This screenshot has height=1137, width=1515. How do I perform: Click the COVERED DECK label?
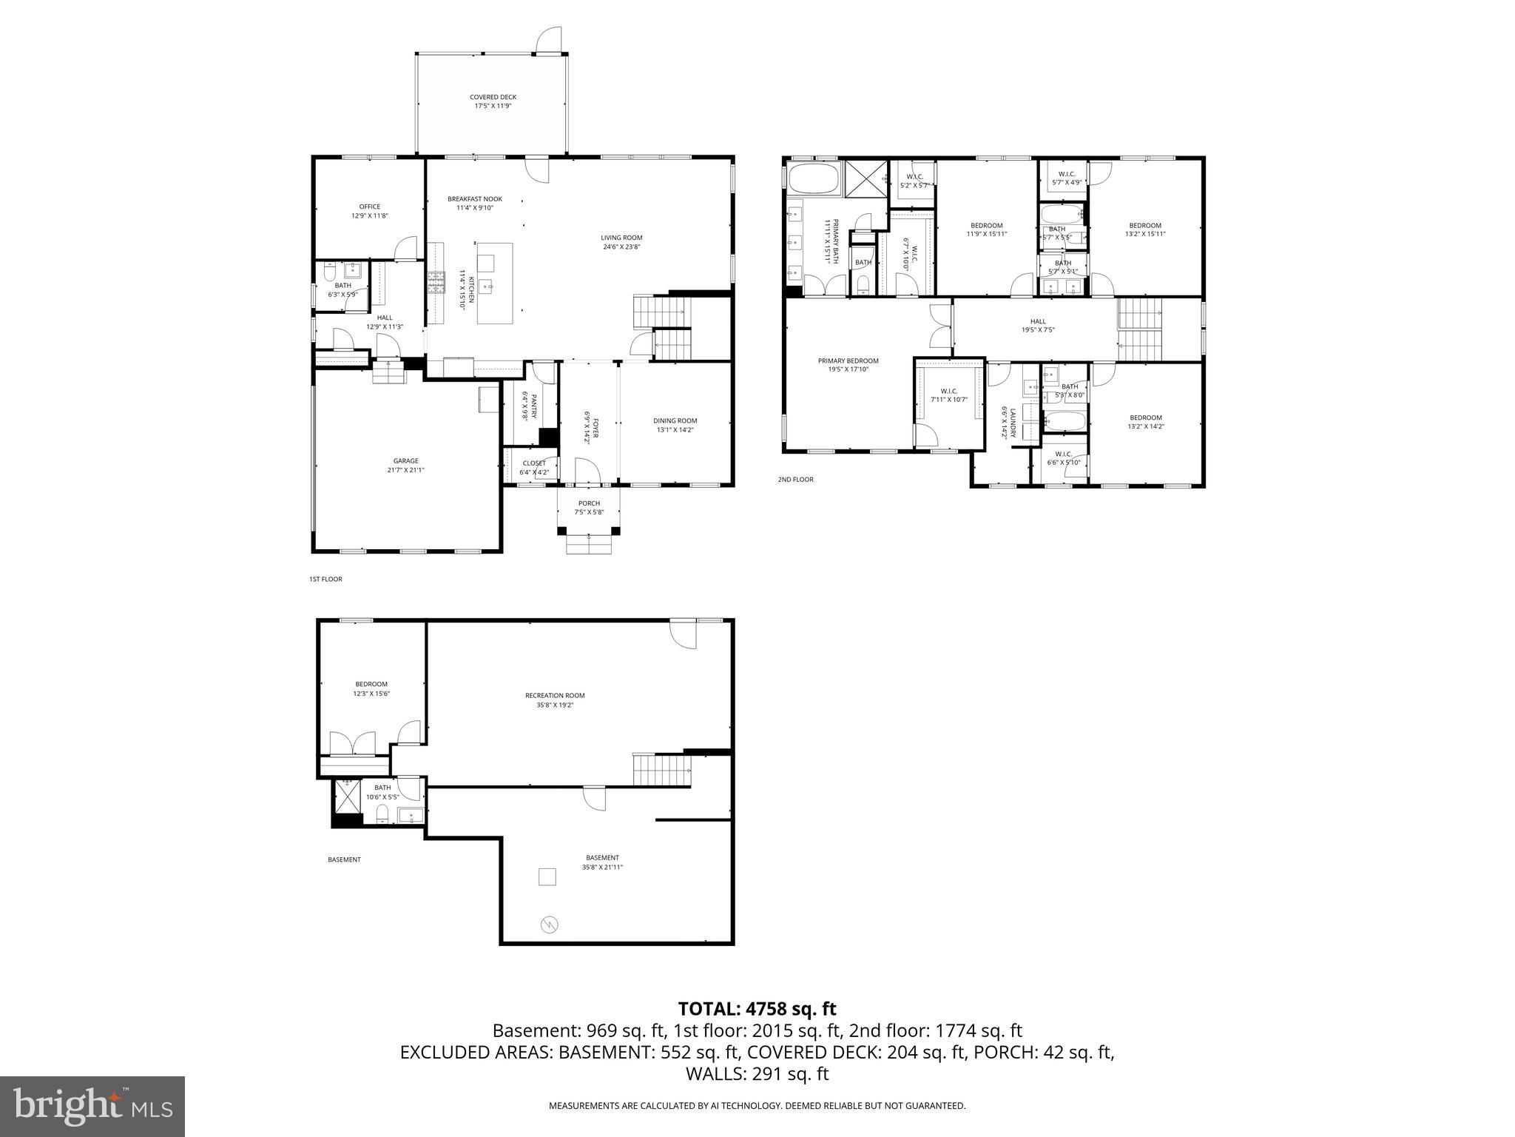coord(493,97)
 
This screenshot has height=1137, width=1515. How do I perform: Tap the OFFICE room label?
coord(369,207)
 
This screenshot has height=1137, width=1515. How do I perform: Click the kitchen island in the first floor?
coord(495,283)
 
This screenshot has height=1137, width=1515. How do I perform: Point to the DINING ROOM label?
coord(675,420)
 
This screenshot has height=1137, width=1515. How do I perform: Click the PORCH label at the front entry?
coord(589,503)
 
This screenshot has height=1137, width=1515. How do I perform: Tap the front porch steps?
coord(590,545)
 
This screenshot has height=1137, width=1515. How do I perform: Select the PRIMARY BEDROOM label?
coord(848,360)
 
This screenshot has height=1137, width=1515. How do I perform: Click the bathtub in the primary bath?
coord(814,178)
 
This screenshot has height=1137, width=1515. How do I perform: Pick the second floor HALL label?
coord(1038,321)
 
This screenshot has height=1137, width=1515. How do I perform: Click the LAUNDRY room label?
coord(1004,422)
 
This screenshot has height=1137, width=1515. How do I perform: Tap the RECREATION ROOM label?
coord(555,695)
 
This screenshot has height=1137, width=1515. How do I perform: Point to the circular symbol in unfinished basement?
coord(550,925)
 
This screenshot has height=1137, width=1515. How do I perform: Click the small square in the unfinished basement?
coord(547,876)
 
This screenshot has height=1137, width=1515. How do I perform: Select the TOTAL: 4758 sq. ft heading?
coord(757,1009)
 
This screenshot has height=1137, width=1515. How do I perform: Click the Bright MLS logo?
coord(92,1106)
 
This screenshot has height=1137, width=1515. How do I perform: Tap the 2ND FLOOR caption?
coord(795,480)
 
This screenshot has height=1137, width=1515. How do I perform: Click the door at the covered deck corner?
coord(549,41)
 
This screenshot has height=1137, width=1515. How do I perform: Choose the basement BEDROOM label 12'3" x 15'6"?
coord(371,684)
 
